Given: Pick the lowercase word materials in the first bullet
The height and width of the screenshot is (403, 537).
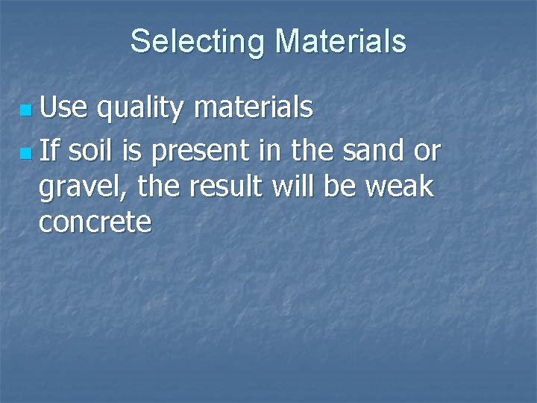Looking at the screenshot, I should (253, 109).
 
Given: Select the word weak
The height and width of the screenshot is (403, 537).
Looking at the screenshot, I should (401, 185).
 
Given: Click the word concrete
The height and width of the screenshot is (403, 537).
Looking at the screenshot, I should (95, 221).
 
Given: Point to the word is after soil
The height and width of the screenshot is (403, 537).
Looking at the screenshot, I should (131, 151).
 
